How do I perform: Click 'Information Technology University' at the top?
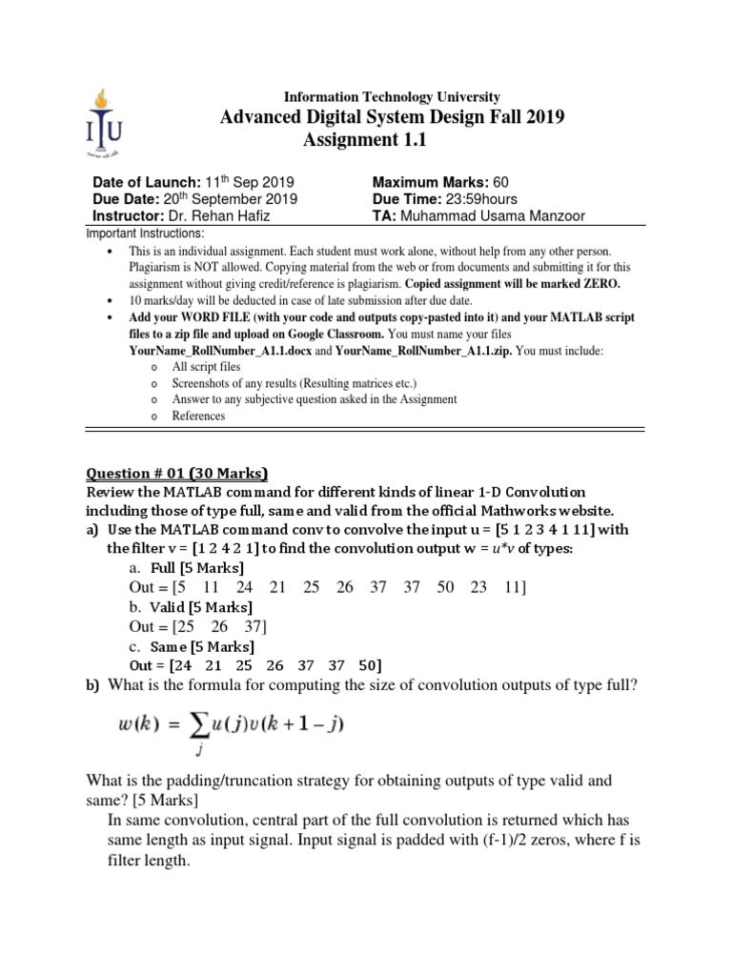pyautogui.click(x=392, y=97)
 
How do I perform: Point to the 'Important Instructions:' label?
pyautogui.click(x=145, y=234)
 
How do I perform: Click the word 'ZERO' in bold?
pyautogui.click(x=599, y=284)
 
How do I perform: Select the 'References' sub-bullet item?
pyautogui.click(x=198, y=416)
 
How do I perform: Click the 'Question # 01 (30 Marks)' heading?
pyautogui.click(x=177, y=473)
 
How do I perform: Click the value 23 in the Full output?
pyautogui.click(x=480, y=587)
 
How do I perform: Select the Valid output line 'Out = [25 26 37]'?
pyautogui.click(x=198, y=626)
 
